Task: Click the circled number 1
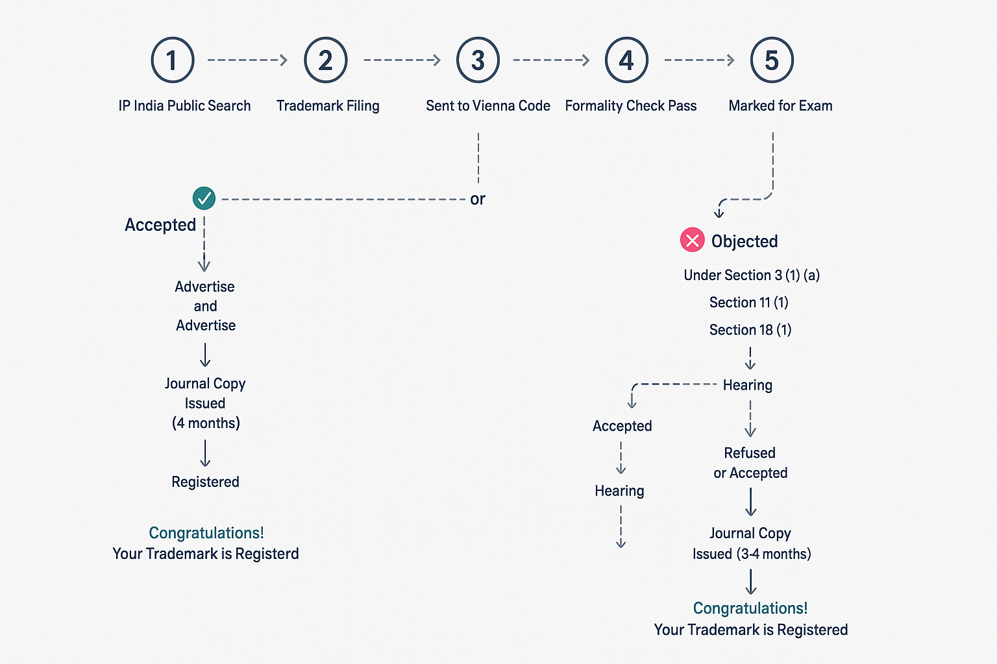point(173,60)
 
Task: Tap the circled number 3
point(478,60)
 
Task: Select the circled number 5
point(772,60)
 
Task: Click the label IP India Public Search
point(184,106)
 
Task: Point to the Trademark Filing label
point(328,106)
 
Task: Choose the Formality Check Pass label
point(631,106)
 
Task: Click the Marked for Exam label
point(780,106)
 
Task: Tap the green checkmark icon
point(204,198)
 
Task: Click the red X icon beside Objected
point(692,240)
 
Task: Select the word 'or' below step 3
point(478,199)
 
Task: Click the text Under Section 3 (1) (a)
point(752,276)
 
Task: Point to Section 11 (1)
point(748,302)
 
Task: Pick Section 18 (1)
point(750,330)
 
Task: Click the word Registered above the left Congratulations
point(205,482)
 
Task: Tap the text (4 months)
point(206,423)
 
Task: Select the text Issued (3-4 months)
point(752,554)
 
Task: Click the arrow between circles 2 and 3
point(402,60)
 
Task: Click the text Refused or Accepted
point(750,463)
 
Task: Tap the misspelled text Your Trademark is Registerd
point(206,554)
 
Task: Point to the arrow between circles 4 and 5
point(699,60)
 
